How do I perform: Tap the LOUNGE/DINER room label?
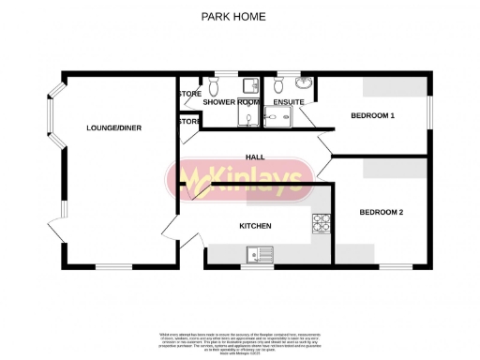[113, 127]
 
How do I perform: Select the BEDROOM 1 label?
[372, 115]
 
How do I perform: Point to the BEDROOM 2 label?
[382, 213]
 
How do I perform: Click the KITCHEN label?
[255, 226]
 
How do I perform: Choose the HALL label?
[253, 157]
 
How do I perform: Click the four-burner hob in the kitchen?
[322, 223]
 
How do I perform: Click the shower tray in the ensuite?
[278, 115]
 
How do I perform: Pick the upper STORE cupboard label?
[188, 94]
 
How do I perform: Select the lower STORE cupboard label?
[188, 121]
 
